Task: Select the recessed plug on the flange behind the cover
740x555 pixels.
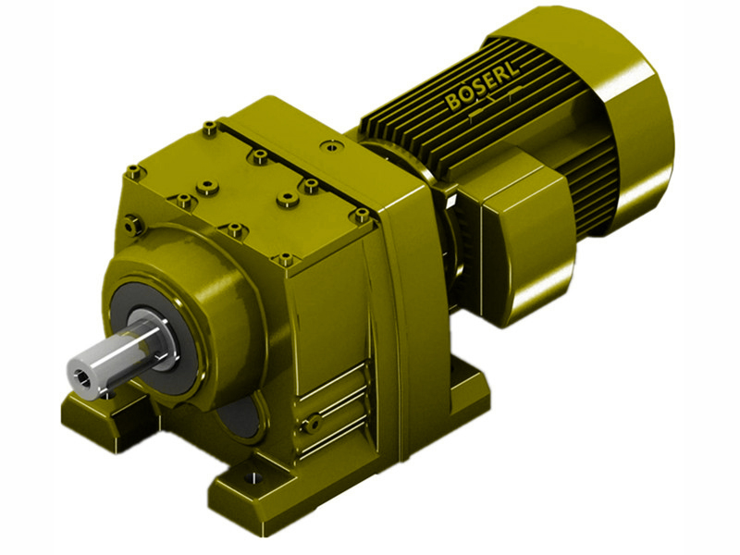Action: click(327, 144)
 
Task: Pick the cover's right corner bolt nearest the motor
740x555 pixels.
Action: click(359, 215)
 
